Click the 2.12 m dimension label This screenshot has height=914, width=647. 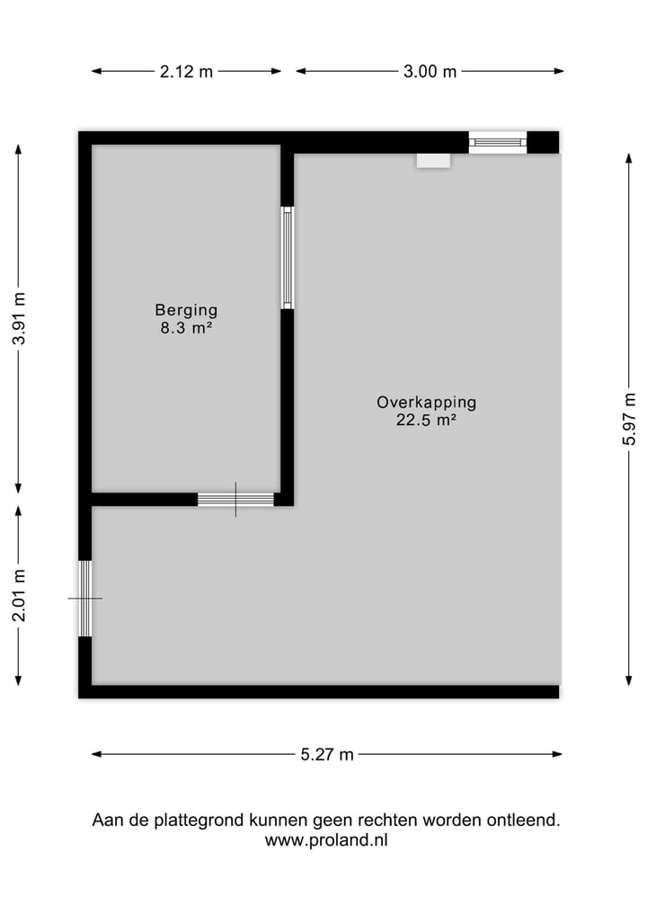186,72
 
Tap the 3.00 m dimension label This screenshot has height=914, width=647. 430,72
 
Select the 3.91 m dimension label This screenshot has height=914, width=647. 20,320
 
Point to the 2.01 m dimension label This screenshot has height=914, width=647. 20,595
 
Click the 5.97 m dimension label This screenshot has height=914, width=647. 630,419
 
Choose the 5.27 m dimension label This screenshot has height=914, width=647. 327,755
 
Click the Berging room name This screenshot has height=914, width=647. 186,310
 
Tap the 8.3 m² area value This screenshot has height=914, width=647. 186,328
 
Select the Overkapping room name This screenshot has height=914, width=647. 426,403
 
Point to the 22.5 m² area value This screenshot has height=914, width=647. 426,420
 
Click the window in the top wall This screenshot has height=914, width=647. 497,142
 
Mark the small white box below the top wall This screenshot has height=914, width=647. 432,160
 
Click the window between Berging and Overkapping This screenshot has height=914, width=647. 287,258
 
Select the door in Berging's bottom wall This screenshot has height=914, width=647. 235,499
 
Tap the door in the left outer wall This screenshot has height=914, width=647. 85,598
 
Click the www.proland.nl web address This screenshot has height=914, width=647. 326,841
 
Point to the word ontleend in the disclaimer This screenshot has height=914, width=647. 524,821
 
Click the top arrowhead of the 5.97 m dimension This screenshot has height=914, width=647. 629,156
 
